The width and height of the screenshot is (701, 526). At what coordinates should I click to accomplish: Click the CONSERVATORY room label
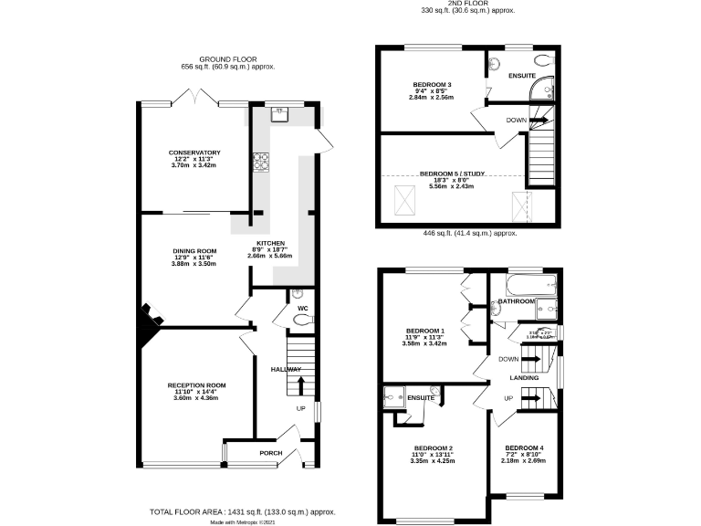click(x=194, y=152)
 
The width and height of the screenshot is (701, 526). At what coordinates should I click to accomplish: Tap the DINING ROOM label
click(x=194, y=250)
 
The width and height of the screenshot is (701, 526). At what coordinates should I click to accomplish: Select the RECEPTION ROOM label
click(x=196, y=385)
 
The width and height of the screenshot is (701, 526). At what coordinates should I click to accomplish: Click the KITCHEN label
click(x=268, y=243)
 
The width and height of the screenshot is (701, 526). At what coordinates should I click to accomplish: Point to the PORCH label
click(x=271, y=453)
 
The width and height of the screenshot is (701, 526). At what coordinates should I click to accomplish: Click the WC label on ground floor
click(x=302, y=309)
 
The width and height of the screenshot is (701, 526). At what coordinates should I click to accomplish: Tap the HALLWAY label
click(x=286, y=369)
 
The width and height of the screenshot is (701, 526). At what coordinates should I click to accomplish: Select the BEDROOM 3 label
click(x=432, y=85)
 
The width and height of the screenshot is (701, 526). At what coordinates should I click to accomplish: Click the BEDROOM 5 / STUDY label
click(x=454, y=173)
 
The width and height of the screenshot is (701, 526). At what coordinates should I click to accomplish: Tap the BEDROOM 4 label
click(x=524, y=448)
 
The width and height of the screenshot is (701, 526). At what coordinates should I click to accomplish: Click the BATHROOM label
click(x=517, y=300)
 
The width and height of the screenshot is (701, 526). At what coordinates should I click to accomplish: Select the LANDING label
click(x=524, y=377)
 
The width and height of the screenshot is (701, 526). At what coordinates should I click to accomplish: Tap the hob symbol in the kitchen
click(x=259, y=161)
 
